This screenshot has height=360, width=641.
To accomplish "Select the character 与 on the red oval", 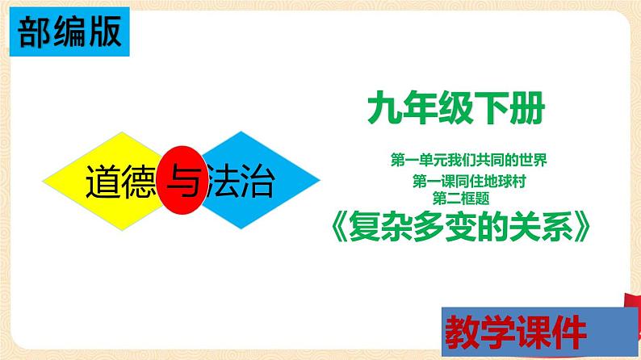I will pos(183,183).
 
